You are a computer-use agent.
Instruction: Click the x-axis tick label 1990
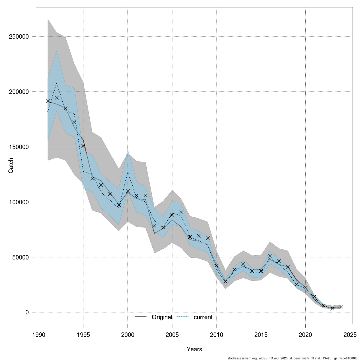point(39,334)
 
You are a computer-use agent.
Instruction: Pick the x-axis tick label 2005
point(172,334)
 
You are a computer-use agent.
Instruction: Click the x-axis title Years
point(194,349)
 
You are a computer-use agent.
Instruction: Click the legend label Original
point(162,317)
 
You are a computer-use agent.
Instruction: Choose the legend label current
point(203,317)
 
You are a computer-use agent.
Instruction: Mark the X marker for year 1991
point(48,101)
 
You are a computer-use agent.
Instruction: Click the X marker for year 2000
point(128,191)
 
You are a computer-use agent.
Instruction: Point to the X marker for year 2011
point(226,282)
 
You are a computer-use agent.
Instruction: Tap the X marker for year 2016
point(270,256)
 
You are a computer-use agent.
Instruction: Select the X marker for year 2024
point(341,307)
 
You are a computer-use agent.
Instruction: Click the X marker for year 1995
point(83,146)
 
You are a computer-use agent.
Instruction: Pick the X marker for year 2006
point(181,212)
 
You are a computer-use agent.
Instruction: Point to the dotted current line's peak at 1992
point(57,83)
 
